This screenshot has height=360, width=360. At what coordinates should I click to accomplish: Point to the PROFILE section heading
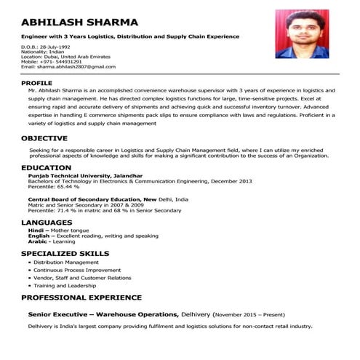pyautogui.click(x=41, y=84)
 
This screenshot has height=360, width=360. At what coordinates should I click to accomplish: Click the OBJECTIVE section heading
pyautogui.click(x=49, y=137)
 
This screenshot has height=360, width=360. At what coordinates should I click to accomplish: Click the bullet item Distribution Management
pyautogui.click(x=66, y=262)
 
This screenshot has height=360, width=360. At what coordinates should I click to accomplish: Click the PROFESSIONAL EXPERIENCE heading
pyautogui.click(x=81, y=297)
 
